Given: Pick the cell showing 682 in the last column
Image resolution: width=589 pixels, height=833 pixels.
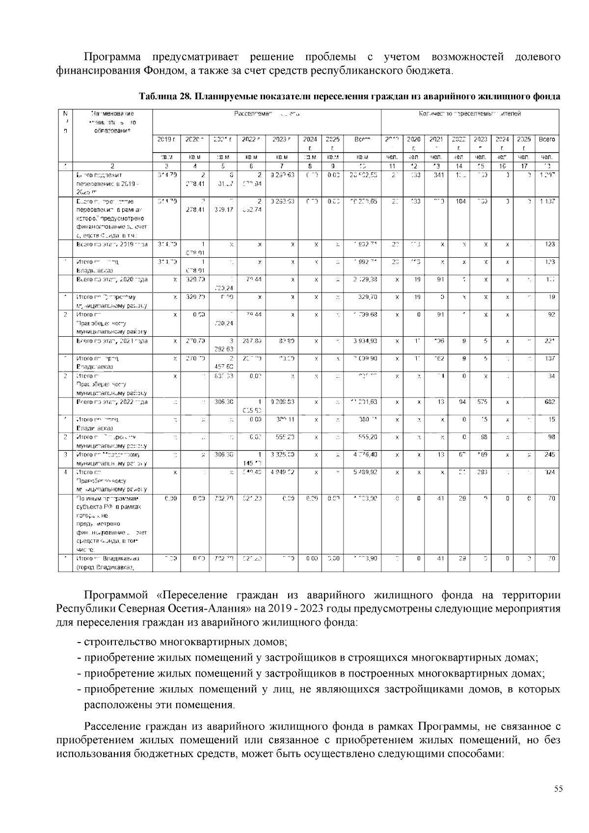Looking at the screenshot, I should coord(549,402).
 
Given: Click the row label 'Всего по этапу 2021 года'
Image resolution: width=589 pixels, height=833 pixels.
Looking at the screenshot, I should coord(112,341).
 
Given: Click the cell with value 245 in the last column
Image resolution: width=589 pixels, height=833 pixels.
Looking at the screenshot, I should coord(549,455).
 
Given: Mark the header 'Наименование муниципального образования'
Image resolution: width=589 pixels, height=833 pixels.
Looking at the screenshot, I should coord(112,122).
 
